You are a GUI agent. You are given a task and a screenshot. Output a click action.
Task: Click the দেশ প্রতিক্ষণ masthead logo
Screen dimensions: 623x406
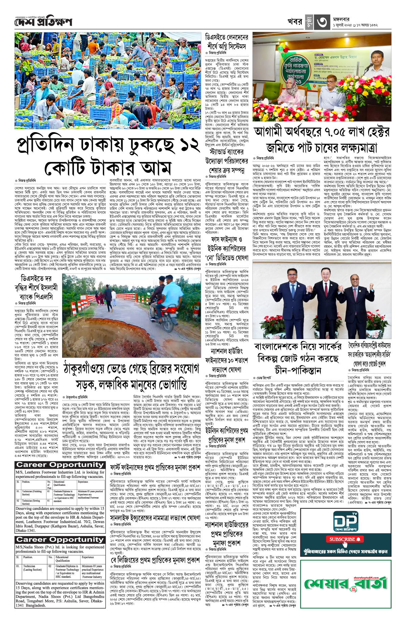43,22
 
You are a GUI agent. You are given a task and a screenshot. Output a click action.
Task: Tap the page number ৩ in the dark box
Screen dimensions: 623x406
321,22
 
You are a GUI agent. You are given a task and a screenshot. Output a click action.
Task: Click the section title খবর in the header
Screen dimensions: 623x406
295,22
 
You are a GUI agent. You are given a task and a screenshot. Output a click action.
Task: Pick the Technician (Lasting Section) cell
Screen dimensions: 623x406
30,568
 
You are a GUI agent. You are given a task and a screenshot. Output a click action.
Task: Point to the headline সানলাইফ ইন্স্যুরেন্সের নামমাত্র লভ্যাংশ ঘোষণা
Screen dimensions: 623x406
155,519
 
